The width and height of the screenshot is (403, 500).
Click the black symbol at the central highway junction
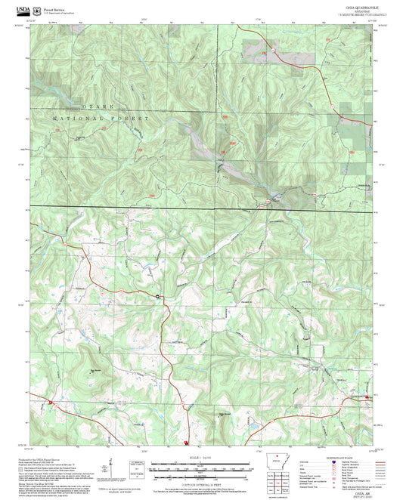[158, 297]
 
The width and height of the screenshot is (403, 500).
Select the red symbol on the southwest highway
[52, 404]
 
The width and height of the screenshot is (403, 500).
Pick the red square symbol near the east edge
[367, 397]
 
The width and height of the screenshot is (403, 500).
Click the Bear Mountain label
[95, 370]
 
